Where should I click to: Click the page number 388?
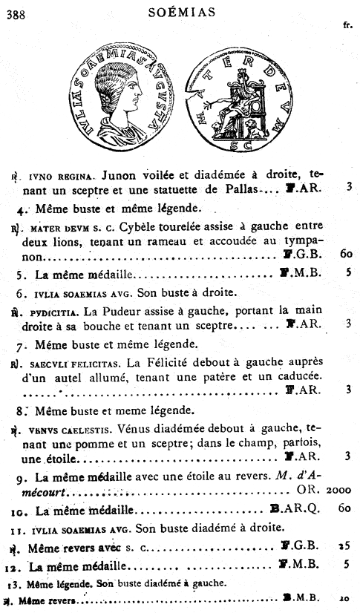click(14, 10)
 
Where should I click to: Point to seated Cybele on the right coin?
click(237, 101)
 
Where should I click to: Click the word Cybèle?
click(145, 220)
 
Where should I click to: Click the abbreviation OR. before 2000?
click(306, 491)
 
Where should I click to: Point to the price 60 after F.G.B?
click(345, 255)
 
